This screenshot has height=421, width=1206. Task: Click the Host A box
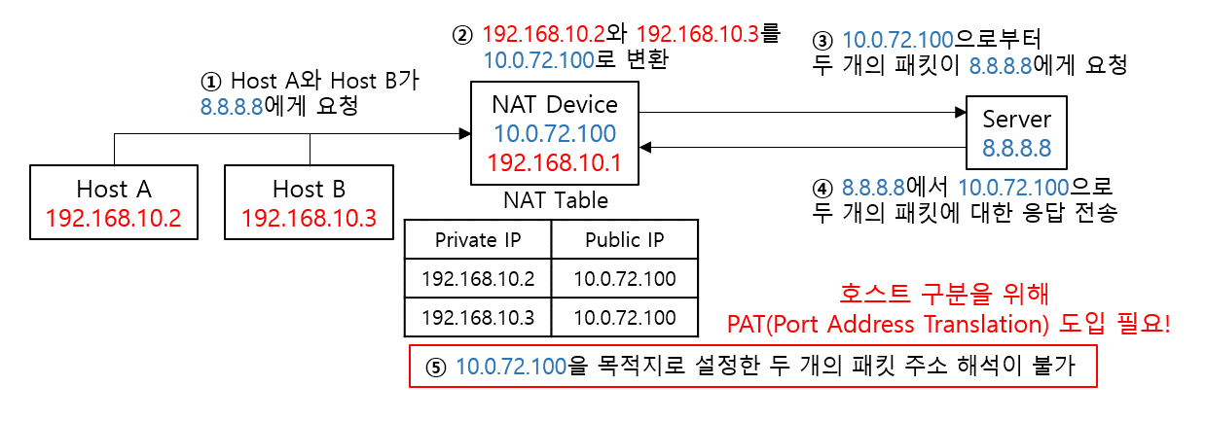pyautogui.click(x=113, y=201)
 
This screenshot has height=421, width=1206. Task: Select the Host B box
pyautogui.click(x=309, y=201)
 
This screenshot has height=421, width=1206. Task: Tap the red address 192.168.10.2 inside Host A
pyautogui.click(x=113, y=217)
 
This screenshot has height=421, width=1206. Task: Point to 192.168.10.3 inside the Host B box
pyautogui.click(x=309, y=217)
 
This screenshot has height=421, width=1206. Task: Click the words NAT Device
pyautogui.click(x=555, y=104)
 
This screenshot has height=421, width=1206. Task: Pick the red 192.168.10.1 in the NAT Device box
pyautogui.click(x=555, y=161)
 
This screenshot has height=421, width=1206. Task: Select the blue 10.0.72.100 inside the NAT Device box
pyautogui.click(x=555, y=133)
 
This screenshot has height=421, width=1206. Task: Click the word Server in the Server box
pyautogui.click(x=1017, y=120)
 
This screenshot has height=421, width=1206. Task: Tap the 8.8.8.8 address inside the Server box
pyautogui.click(x=1017, y=149)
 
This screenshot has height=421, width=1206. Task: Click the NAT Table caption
pyautogui.click(x=555, y=200)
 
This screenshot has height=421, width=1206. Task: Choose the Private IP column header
pyautogui.click(x=478, y=240)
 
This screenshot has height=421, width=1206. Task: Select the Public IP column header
pyautogui.click(x=624, y=240)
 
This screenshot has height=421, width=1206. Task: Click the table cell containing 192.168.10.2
pyautogui.click(x=478, y=279)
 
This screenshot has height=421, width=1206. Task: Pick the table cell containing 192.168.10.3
pyautogui.click(x=478, y=316)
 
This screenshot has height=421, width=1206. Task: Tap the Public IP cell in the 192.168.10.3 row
pyautogui.click(x=624, y=316)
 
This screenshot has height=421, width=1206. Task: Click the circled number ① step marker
pyautogui.click(x=211, y=81)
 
